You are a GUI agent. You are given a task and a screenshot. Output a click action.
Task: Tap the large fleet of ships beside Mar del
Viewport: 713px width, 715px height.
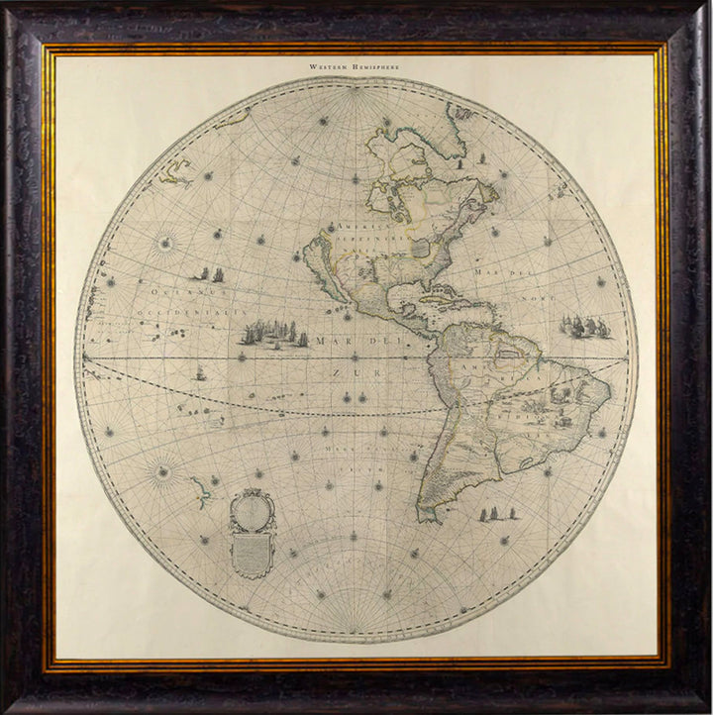[x=274, y=335]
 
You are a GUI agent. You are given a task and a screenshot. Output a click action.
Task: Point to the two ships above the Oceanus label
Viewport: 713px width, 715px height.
[x=206, y=273]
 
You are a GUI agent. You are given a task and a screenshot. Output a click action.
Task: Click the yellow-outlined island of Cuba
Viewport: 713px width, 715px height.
[x=442, y=297]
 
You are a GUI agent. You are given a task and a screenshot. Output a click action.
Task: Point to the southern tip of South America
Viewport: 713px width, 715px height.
[x=428, y=515]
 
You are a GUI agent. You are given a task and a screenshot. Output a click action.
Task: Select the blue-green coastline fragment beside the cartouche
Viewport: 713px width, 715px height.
[x=201, y=489]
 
